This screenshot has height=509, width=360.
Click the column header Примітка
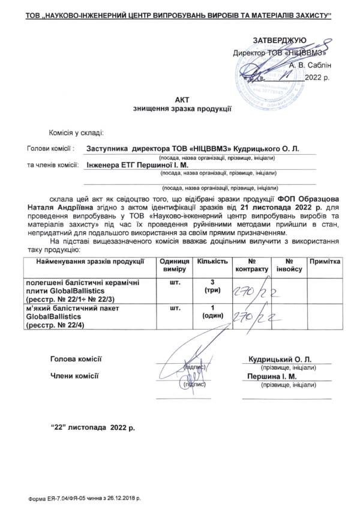325,262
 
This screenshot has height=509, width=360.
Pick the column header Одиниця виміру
174,266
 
